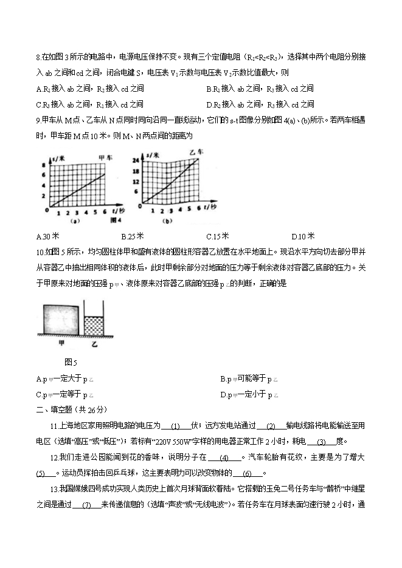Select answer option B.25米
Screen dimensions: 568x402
click(x=132, y=236)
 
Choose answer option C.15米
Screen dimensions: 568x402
click(x=217, y=236)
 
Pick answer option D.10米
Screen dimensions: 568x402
click(x=303, y=236)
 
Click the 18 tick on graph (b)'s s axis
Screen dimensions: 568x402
click(x=137, y=172)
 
